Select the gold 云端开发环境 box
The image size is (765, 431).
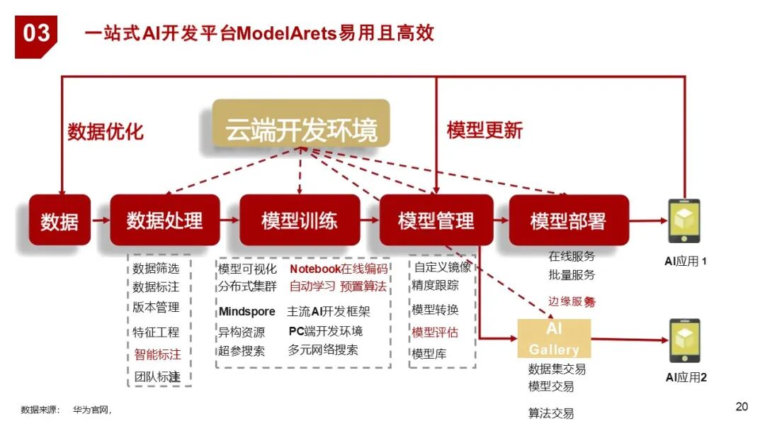(301, 124)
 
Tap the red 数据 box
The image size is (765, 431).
(59, 220)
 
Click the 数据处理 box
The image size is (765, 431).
(165, 220)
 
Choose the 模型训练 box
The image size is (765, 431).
(300, 220)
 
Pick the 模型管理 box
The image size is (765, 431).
(436, 220)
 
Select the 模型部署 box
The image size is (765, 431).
(568, 220)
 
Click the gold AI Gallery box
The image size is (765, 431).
(554, 339)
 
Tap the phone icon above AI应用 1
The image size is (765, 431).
(684, 220)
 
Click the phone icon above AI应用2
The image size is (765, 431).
(684, 340)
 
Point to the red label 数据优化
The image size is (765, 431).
(106, 131)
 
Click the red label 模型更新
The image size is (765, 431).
(484, 130)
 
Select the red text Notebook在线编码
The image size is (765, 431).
(339, 269)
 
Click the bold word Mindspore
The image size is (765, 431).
(246, 312)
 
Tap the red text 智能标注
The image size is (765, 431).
(158, 354)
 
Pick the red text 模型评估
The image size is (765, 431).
(435, 332)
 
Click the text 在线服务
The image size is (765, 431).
(572, 256)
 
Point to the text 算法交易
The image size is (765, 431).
(551, 413)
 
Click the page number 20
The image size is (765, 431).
(742, 406)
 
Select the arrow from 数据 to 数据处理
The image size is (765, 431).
(101, 220)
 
